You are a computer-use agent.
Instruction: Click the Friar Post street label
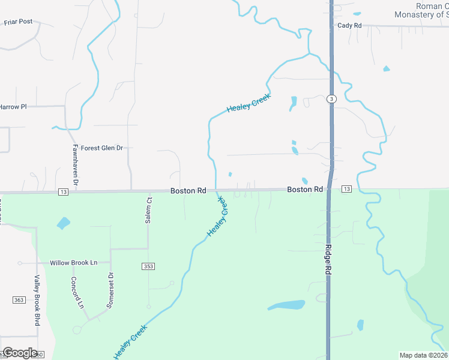(x=18, y=22)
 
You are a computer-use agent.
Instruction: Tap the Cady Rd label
(x=349, y=25)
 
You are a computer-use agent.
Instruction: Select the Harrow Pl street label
(x=13, y=107)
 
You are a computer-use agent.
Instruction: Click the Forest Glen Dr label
(x=102, y=148)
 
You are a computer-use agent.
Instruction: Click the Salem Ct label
(x=148, y=210)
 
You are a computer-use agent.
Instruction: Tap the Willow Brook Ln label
(x=73, y=263)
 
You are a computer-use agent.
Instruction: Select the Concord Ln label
(x=77, y=292)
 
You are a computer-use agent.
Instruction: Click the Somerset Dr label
(x=110, y=290)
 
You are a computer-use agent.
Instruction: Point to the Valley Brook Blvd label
(x=37, y=299)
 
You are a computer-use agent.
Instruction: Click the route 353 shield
(x=149, y=266)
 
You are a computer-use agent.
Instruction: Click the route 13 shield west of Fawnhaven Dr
(x=64, y=191)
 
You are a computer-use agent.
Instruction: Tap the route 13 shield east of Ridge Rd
(x=346, y=189)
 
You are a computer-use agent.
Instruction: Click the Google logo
(x=20, y=353)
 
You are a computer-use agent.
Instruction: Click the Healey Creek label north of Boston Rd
(x=249, y=103)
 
